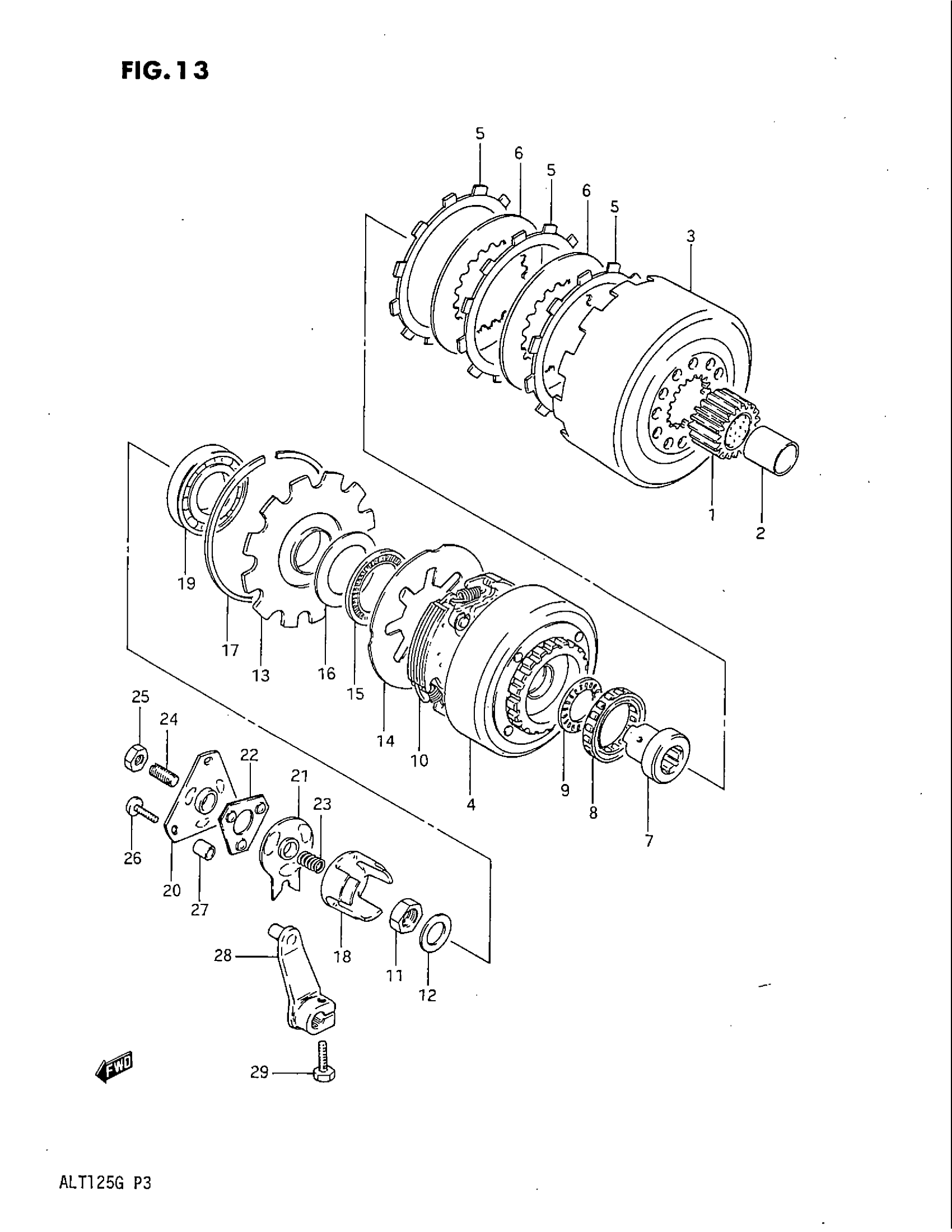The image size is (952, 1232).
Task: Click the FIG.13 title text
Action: coord(165,71)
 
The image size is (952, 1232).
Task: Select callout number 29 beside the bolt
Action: coord(259,1072)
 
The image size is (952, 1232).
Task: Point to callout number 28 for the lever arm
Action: coord(223,955)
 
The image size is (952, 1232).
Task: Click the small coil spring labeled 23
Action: coord(311,862)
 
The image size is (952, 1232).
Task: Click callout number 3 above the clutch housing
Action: coord(690,237)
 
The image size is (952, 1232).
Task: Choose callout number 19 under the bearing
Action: coord(186,584)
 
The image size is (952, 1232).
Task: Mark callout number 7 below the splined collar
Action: coord(648,856)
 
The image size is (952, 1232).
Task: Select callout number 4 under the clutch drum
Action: coord(471,805)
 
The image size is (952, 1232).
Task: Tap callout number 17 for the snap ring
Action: coord(230,650)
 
